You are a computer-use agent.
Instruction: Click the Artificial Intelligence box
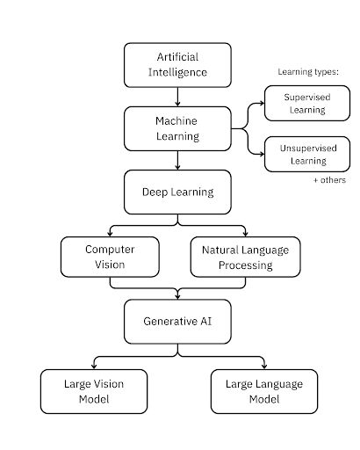[x=177, y=65]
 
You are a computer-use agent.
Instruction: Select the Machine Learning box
[x=177, y=128]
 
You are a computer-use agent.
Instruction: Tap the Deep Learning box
[x=177, y=192]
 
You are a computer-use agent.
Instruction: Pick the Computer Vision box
[x=110, y=257]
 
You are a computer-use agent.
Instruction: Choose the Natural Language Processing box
[x=245, y=257]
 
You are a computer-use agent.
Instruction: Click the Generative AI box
[x=177, y=322]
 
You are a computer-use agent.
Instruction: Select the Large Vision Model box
[x=94, y=391]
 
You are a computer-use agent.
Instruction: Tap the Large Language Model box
[x=264, y=391]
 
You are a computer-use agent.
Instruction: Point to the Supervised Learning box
[x=307, y=103]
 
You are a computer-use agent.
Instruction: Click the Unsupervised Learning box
[x=307, y=154]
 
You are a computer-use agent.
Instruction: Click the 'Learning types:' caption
[x=308, y=72]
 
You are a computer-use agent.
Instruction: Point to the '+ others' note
[x=329, y=180]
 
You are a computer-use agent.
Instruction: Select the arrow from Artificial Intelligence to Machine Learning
[x=177, y=97]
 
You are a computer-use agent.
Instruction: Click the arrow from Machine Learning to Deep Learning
[x=177, y=161]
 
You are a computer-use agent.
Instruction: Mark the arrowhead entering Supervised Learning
[x=262, y=103]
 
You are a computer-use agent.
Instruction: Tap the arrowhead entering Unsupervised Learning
[x=262, y=154]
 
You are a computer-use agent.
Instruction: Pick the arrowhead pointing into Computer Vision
[x=110, y=234]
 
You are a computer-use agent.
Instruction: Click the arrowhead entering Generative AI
[x=177, y=296]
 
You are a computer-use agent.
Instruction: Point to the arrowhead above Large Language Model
[x=264, y=367]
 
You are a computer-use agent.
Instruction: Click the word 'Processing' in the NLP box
[x=246, y=265]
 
